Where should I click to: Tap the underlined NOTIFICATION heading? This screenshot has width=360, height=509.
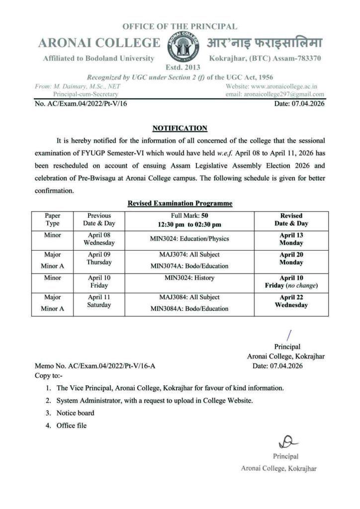pyautogui.click(x=180, y=128)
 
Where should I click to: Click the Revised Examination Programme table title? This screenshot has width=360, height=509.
pyautogui.click(x=180, y=203)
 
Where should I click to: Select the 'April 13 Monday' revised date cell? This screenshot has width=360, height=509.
pyautogui.click(x=291, y=239)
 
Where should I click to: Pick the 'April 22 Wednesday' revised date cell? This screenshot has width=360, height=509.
pyautogui.click(x=291, y=301)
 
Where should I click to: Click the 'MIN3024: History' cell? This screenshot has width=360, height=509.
pyautogui.click(x=189, y=278)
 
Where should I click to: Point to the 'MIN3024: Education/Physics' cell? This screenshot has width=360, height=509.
pyautogui.click(x=189, y=239)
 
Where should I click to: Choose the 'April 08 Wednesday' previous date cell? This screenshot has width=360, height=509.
pyautogui.click(x=99, y=239)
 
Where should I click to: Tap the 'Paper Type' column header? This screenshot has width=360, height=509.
pyautogui.click(x=52, y=220)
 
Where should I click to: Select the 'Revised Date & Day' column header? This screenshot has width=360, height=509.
pyautogui.click(x=291, y=220)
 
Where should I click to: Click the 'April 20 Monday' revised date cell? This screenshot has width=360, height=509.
pyautogui.click(x=291, y=258)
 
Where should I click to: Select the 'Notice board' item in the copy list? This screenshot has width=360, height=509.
pyautogui.click(x=75, y=413)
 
